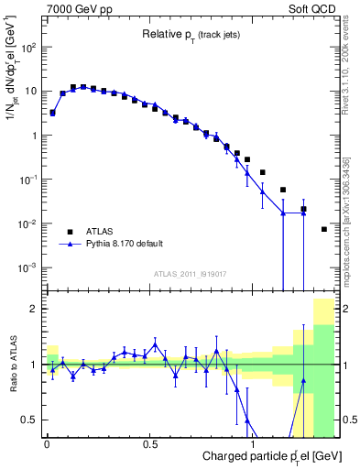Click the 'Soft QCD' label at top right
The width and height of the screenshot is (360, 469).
click(317, 8)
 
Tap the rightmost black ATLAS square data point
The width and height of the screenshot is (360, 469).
click(324, 229)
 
